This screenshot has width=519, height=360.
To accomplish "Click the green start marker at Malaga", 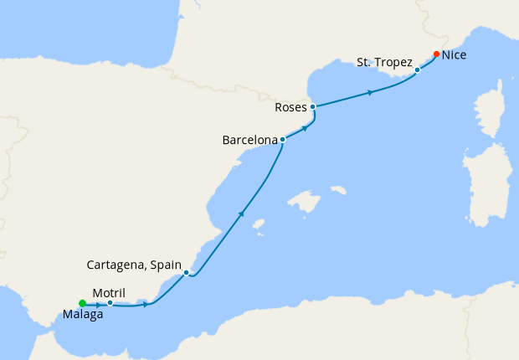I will (82, 303).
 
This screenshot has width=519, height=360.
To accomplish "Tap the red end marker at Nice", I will (436, 54).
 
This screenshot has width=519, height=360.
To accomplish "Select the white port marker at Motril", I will (110, 303).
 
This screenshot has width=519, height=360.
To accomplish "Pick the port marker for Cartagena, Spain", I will (186, 272).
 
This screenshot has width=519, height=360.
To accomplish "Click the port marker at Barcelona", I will (283, 139).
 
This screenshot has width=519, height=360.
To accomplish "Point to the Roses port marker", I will (312, 107).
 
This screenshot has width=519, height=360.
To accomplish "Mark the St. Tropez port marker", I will (417, 69).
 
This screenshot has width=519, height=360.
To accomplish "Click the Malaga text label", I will (82, 316).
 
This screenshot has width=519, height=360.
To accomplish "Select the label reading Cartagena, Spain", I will (134, 265).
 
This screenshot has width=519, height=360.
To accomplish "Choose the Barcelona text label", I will (249, 141).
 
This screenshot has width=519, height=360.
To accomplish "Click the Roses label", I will (291, 108).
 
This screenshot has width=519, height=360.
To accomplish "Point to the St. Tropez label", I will (383, 62).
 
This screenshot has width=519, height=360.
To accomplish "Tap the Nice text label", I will (455, 55).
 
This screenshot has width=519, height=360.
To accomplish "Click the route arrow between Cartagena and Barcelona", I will (241, 214).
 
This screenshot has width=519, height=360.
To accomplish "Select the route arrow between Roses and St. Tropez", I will (370, 91).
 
